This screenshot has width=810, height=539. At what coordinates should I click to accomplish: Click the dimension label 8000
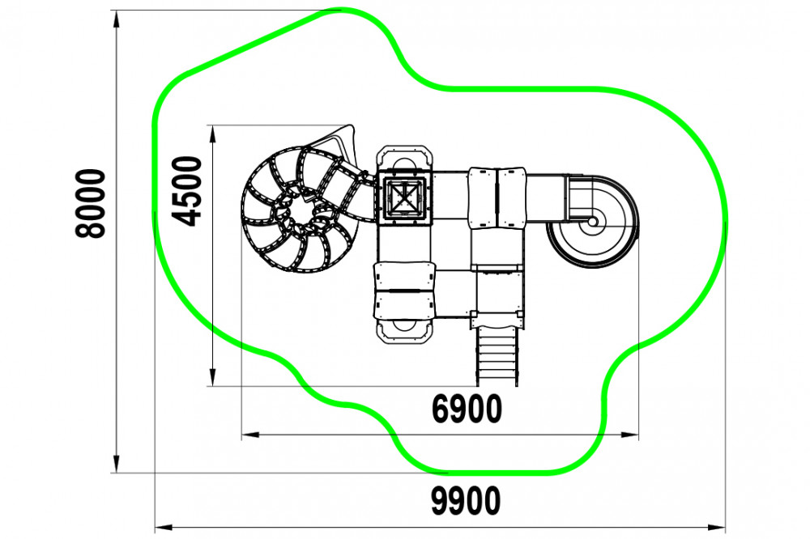point(91,203)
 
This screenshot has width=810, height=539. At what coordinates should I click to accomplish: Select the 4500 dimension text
point(185,191)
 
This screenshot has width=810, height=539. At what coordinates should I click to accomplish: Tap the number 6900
point(467,409)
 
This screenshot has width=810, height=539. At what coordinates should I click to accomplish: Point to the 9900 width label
point(466,501)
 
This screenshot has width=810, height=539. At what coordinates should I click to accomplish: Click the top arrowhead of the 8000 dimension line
point(117,20)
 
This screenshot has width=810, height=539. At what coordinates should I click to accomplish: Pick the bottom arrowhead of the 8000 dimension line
point(117,463)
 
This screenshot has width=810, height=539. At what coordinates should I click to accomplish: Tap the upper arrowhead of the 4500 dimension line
point(212,134)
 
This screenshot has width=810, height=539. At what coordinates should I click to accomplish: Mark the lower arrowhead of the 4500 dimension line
point(212,376)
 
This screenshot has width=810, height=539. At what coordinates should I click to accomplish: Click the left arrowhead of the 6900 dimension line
point(251,435)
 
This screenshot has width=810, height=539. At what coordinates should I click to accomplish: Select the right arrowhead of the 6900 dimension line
point(629,435)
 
